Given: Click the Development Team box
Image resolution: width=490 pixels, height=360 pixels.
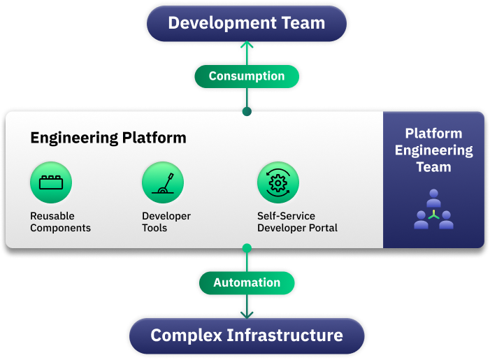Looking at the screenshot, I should (246, 22).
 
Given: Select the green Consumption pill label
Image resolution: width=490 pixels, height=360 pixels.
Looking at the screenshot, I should (246, 76).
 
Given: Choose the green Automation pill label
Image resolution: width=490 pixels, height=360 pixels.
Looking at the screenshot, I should (246, 282).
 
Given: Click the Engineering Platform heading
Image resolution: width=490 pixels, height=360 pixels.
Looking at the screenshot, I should (108, 138).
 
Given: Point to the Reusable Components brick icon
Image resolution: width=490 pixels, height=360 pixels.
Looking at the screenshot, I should (51, 183).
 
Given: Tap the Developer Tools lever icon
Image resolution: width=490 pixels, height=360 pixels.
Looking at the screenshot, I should (163, 183).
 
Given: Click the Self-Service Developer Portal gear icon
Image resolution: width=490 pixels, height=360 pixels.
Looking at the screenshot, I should (278, 183).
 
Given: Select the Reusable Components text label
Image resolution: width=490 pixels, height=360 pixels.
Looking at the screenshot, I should (60, 222).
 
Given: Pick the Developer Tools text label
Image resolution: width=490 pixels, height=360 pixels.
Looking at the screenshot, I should (166, 222).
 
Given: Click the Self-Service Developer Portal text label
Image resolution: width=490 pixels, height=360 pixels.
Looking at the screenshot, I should (297, 222).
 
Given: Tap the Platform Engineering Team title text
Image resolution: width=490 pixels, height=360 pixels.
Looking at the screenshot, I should (433, 150).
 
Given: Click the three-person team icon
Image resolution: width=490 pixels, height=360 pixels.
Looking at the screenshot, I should (433, 210).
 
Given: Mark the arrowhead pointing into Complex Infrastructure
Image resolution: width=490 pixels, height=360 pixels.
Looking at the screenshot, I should (246, 314).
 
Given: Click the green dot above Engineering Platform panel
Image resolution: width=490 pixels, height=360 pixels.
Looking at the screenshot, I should (246, 111).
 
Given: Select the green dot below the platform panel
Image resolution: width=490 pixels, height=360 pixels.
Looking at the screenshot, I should (246, 247).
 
